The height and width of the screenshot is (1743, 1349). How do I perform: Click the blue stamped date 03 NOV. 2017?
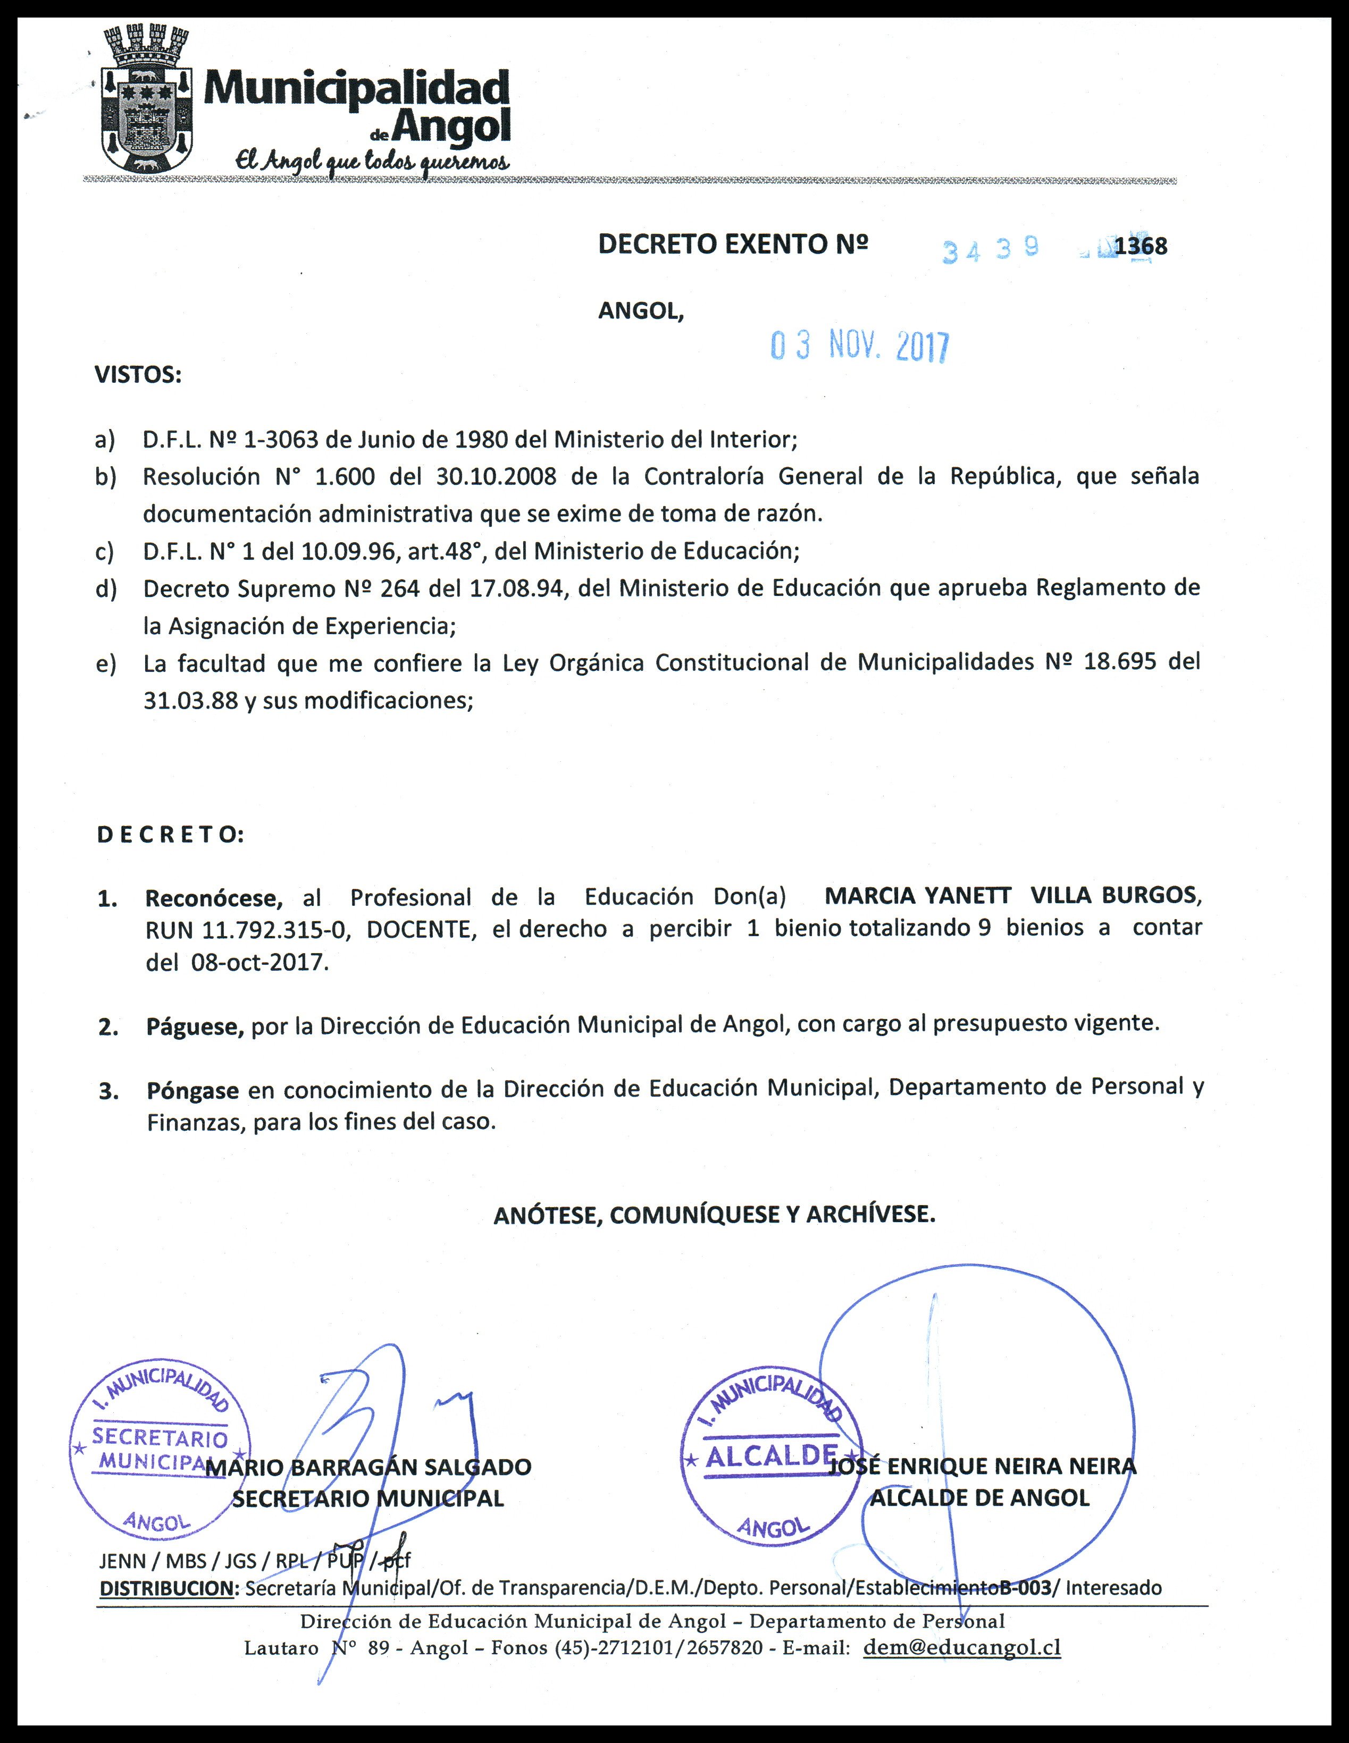(x=859, y=347)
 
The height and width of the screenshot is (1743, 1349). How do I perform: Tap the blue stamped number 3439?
(x=990, y=250)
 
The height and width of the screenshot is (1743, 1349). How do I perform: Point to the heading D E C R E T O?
(x=170, y=835)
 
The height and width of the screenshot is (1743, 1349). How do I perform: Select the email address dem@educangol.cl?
(x=962, y=1647)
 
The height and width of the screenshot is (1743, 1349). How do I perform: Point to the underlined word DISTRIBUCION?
(x=166, y=1588)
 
